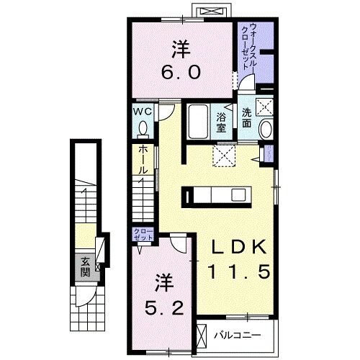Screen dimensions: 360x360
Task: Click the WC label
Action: click(142, 112)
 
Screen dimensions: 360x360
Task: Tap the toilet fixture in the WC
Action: click(143, 128)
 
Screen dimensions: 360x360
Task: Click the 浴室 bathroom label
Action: click(221, 122)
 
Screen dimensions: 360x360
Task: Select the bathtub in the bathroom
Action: click(197, 122)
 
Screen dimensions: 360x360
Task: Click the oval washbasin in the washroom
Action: click(265, 130)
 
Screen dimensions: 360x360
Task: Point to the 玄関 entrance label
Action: click(86, 266)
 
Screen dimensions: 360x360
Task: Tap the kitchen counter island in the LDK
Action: click(216, 195)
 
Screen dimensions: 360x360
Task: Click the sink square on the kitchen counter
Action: click(238, 195)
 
